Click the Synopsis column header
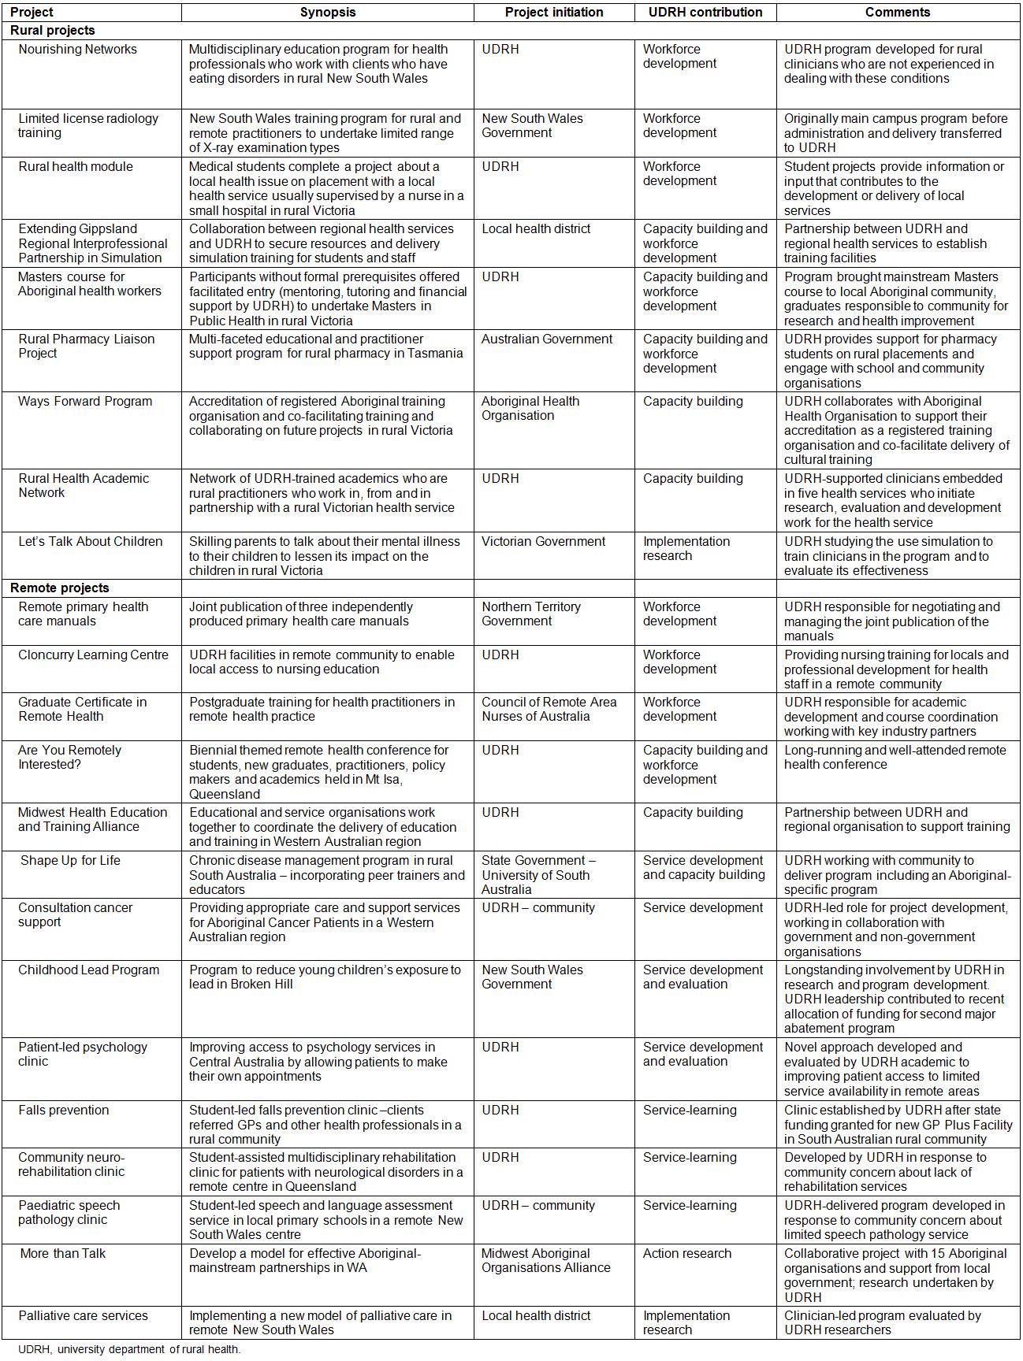[327, 12]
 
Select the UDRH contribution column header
[705, 12]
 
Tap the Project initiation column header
[554, 12]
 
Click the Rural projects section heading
[53, 30]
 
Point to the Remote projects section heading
[60, 588]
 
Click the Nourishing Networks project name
[77, 49]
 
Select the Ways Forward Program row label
[85, 401]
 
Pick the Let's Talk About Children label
[91, 541]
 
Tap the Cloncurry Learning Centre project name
[93, 655]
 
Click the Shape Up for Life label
[70, 860]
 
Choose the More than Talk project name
[63, 1253]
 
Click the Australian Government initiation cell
[547, 339]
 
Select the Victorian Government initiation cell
[544, 541]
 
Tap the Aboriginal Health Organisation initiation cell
[530, 408]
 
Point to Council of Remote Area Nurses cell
[549, 709]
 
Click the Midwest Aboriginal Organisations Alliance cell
[546, 1260]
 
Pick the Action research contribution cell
[687, 1253]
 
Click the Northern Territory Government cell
[531, 614]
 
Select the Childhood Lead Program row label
[88, 970]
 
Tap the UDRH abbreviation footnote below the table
[129, 1349]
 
